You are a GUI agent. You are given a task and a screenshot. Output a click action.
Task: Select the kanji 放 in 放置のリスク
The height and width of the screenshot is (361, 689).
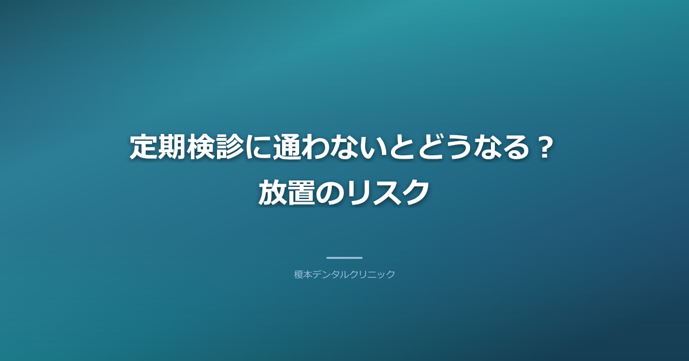tap(272, 191)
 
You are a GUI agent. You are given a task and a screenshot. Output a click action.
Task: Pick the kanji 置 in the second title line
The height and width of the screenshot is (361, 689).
tap(301, 191)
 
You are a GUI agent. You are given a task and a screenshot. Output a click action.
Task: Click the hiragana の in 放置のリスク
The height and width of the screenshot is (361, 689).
tap(330, 191)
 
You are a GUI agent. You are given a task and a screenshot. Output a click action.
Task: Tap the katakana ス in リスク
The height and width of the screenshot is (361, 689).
tap(387, 191)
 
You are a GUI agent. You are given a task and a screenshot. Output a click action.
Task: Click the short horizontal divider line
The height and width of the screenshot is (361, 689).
tap(344, 258)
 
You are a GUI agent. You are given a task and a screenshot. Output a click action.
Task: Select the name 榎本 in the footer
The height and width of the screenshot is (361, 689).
tap(303, 274)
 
